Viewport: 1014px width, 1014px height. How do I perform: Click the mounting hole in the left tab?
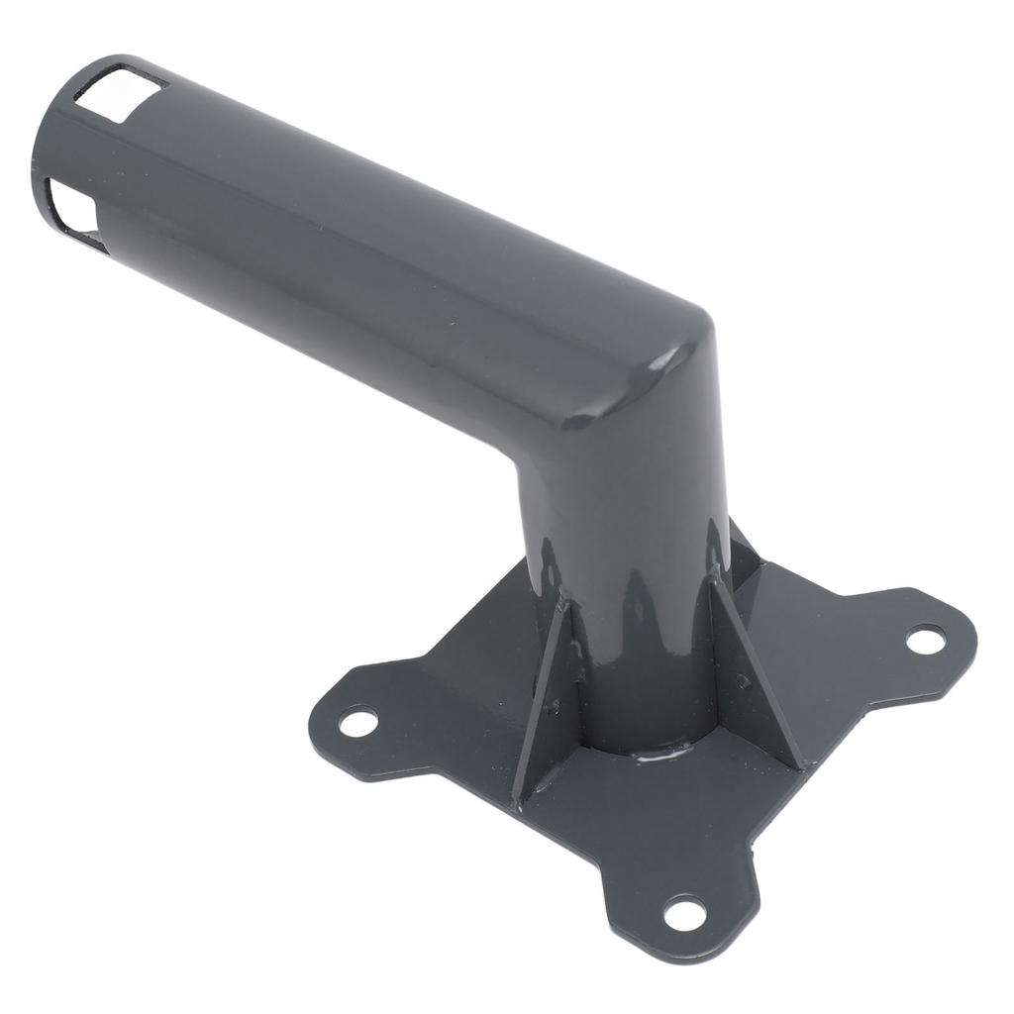358,721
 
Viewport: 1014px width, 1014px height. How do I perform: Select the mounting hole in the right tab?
925,640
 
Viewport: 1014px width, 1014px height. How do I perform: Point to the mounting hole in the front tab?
684,912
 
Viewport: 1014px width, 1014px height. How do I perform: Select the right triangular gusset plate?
753,673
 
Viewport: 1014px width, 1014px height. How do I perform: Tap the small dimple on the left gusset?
553,707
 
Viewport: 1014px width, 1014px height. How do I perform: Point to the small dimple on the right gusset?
742,681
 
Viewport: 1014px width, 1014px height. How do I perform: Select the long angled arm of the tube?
347,248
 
